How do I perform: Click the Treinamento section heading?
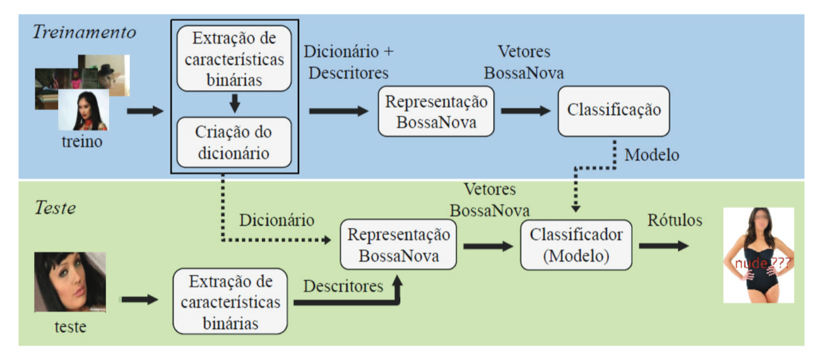(x=84, y=32)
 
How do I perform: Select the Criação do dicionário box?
(x=234, y=142)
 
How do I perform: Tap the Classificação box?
(x=614, y=111)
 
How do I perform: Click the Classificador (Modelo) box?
(x=576, y=245)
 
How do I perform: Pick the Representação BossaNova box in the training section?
(x=436, y=112)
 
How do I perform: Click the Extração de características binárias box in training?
(x=234, y=59)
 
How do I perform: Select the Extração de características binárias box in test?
(x=230, y=301)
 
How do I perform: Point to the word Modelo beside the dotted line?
(x=652, y=155)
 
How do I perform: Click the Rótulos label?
(x=675, y=220)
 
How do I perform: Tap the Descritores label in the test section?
(x=343, y=286)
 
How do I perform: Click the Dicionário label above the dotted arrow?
(x=277, y=220)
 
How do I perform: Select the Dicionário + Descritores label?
(x=349, y=62)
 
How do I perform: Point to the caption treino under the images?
(x=82, y=142)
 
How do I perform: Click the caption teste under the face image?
(x=70, y=327)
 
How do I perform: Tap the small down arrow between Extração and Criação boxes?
(x=234, y=104)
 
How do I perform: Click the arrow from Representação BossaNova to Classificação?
(x=526, y=111)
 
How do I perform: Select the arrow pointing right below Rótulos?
(x=663, y=246)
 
